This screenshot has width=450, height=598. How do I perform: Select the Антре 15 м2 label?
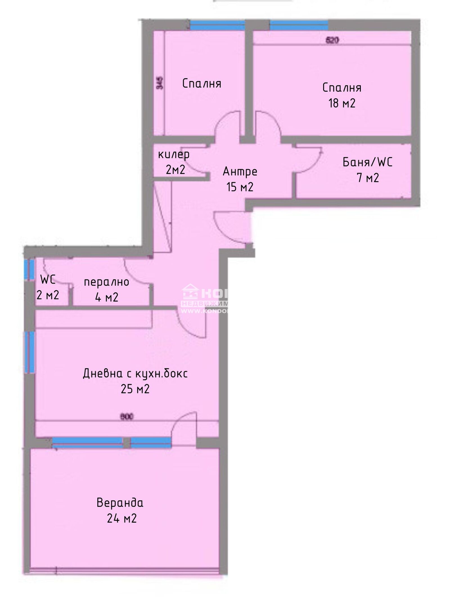pyautogui.click(x=240, y=179)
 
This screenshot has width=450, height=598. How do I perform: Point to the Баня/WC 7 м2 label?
pyautogui.click(x=368, y=170)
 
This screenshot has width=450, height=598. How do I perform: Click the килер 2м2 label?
pyautogui.click(x=174, y=162)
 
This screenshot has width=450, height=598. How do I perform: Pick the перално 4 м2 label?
pyautogui.click(x=107, y=289)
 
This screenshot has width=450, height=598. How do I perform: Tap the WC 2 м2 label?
pyautogui.click(x=48, y=287)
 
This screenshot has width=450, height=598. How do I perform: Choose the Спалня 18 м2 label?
pyautogui.click(x=342, y=95)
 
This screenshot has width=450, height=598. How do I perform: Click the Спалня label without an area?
pyautogui.click(x=202, y=84)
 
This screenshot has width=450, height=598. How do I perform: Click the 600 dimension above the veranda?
pyautogui.click(x=127, y=417)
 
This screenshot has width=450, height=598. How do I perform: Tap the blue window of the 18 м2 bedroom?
pyautogui.click(x=299, y=25)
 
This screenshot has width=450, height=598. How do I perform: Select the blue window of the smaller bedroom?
pyautogui.click(x=217, y=25)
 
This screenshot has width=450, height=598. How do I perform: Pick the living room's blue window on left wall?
pyautogui.click(x=30, y=352)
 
